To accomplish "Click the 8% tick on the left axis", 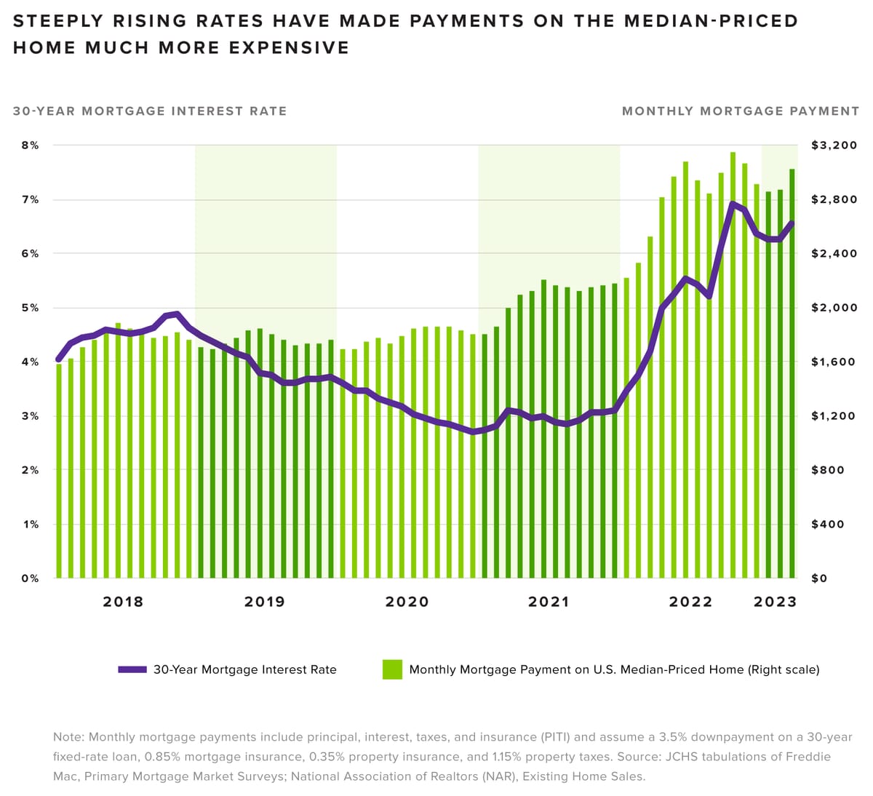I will pyautogui.click(x=29, y=146).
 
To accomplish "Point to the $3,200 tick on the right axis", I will pyautogui.click(x=834, y=146).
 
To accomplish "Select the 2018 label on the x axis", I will pyautogui.click(x=123, y=602).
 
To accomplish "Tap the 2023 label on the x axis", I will pyautogui.click(x=775, y=602).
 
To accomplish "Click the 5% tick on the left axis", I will pyautogui.click(x=29, y=308).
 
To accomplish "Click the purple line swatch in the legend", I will pyautogui.click(x=132, y=669).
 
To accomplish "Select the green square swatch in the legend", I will pyautogui.click(x=392, y=669).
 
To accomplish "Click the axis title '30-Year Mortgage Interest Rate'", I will pyautogui.click(x=150, y=111).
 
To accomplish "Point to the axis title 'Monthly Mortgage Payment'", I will pyautogui.click(x=741, y=111).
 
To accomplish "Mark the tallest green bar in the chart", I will pyautogui.click(x=733, y=364).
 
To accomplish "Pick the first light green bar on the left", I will pyautogui.click(x=59, y=473).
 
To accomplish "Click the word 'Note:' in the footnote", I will pyautogui.click(x=68, y=737).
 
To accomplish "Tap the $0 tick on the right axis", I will pyautogui.click(x=820, y=578).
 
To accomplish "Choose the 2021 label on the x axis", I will pyautogui.click(x=549, y=602).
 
